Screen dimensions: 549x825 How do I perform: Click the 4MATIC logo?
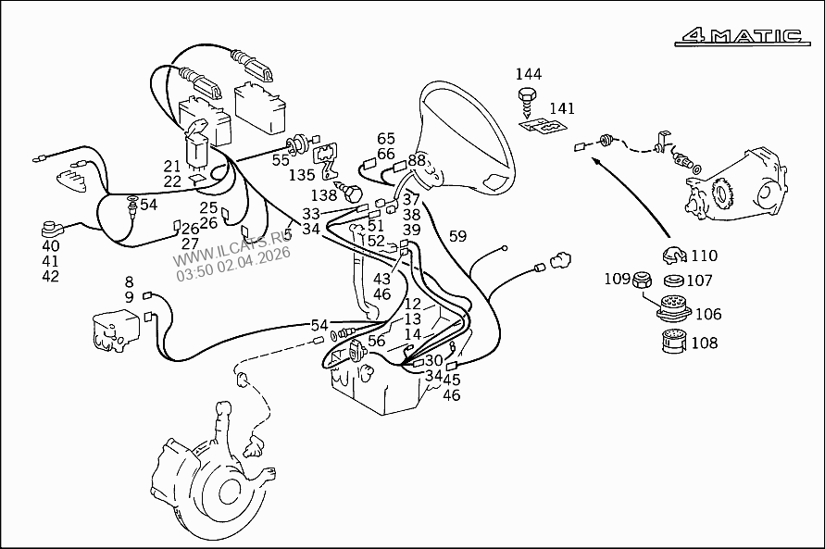[740, 37]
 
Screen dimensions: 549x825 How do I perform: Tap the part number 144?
[529, 74]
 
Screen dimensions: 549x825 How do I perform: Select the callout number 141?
[562, 108]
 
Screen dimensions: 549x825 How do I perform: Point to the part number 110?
[704, 256]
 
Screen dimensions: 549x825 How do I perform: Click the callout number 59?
[457, 236]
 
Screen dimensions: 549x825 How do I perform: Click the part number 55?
[281, 159]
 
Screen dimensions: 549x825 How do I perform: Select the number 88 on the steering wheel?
[417, 160]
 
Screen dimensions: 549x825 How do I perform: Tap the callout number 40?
[50, 245]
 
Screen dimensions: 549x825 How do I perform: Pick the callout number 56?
[376, 341]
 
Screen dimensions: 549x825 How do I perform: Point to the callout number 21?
[172, 166]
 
